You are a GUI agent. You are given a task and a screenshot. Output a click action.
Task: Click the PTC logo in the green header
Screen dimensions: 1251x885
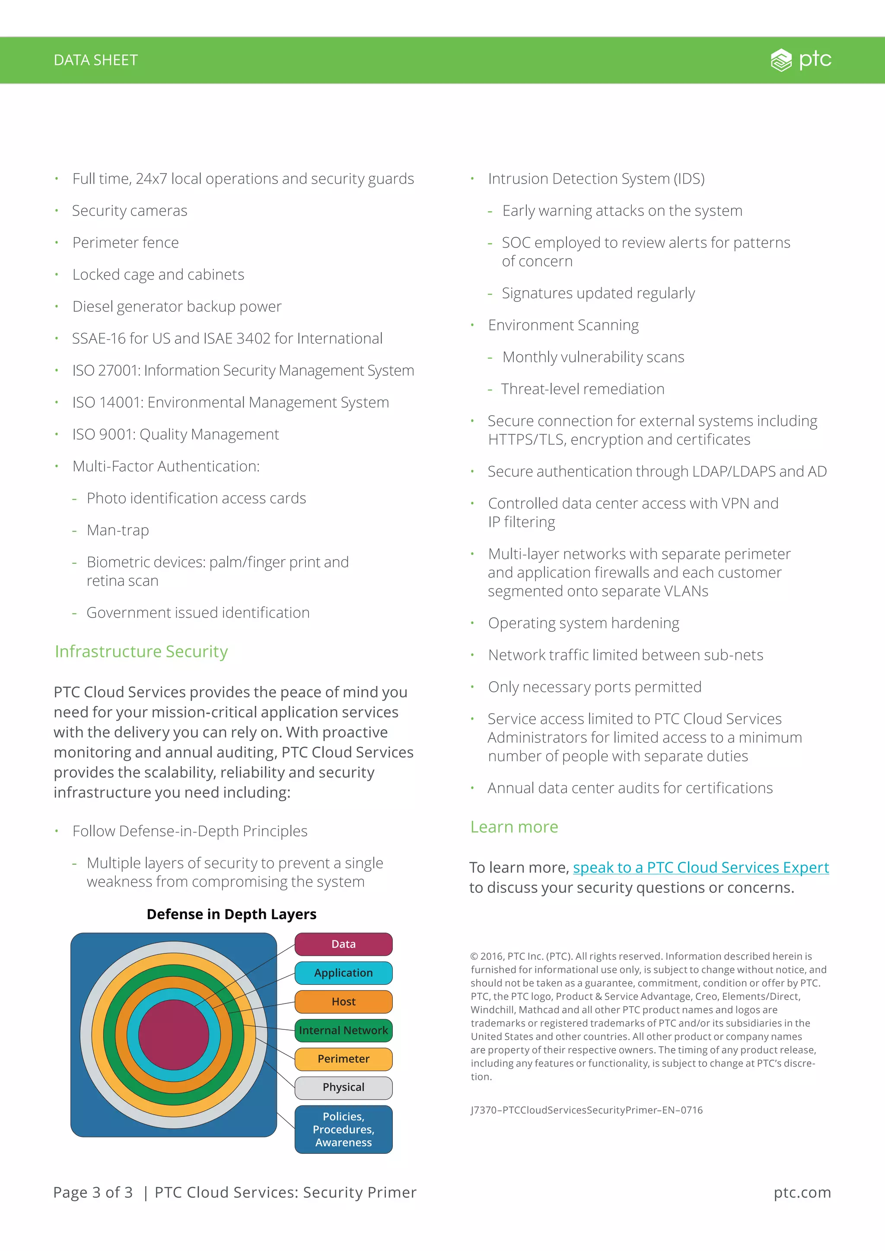tap(801, 60)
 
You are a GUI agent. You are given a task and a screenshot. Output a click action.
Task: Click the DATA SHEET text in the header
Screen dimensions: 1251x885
tap(96, 60)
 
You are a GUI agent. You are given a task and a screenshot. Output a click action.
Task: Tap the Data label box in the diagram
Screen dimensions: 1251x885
tap(343, 944)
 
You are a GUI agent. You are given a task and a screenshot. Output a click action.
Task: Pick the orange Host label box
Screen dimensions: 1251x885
tap(343, 1001)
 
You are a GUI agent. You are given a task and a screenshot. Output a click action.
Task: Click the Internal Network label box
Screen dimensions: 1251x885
tap(343, 1030)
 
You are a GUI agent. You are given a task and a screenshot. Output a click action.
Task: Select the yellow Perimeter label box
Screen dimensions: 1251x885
tap(343, 1059)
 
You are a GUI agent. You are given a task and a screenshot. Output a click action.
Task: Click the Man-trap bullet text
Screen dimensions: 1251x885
tap(118, 530)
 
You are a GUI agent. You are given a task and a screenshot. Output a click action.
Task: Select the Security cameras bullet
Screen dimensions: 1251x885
tap(130, 210)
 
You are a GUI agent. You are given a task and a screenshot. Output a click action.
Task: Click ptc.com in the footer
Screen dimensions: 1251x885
tap(802, 1192)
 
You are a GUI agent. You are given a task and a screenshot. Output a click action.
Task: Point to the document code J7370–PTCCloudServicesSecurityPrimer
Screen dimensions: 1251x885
tap(586, 1110)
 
